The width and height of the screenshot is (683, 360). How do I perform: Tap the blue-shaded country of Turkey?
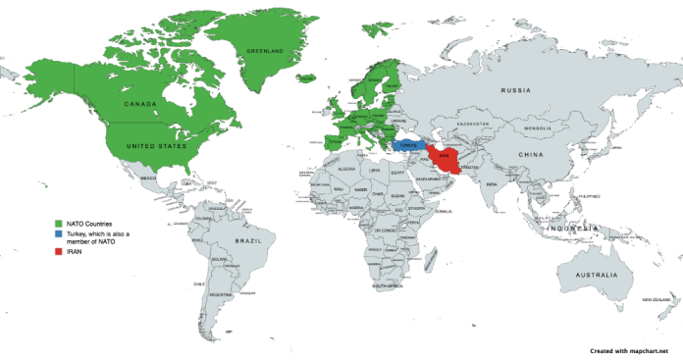pos(409,145)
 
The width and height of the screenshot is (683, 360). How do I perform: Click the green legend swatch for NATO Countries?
pos(58,225)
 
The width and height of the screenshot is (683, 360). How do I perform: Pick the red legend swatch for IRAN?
pos(58,253)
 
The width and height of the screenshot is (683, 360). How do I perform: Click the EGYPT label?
pos(396,173)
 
